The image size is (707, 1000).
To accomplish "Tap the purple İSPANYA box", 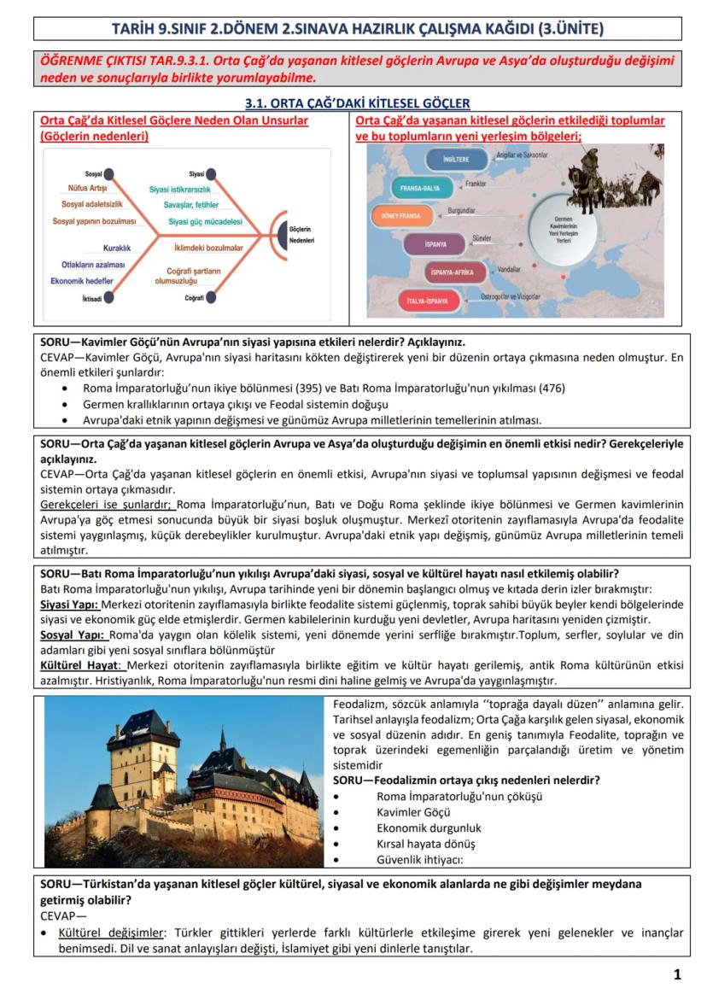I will [x=438, y=244].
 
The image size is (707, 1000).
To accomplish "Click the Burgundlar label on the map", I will [x=462, y=210].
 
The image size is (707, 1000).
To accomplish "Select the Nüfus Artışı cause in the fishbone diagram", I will [x=87, y=188].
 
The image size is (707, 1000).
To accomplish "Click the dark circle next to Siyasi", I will [x=211, y=173].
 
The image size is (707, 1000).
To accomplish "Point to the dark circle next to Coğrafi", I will [x=211, y=298].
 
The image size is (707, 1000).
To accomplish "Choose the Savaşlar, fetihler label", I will [x=191, y=205].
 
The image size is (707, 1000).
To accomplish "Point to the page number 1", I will [x=677, y=974].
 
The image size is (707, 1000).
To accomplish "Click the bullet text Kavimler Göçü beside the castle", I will [x=413, y=812].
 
